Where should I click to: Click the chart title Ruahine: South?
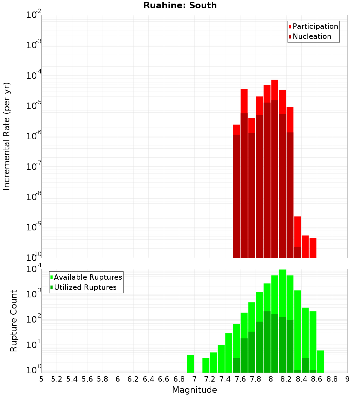(180, 5)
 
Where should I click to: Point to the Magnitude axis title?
(194, 390)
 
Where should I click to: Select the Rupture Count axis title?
(14, 321)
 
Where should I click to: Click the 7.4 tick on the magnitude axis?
(225, 379)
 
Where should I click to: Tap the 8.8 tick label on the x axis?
(332, 379)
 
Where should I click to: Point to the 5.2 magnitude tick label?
(57, 379)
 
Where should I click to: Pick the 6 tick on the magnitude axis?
(118, 379)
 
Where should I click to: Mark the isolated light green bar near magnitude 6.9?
(190, 364)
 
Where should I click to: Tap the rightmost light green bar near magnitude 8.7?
(320, 361)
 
